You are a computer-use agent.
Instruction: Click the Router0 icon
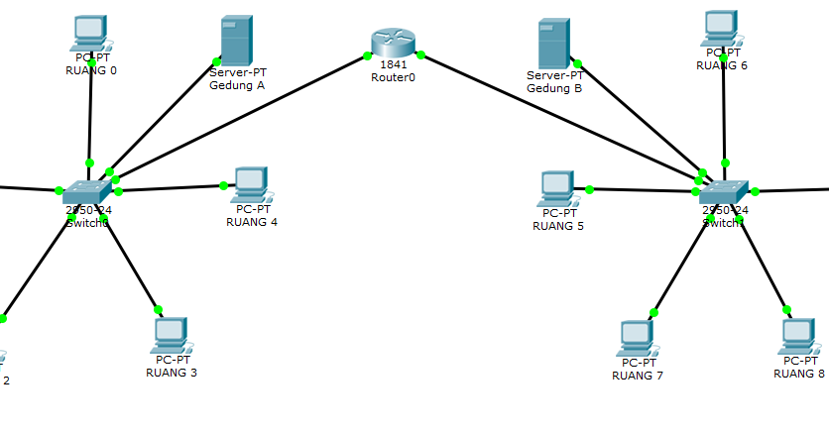(393, 43)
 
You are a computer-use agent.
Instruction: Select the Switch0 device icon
(88, 192)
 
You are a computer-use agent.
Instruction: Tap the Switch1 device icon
(724, 192)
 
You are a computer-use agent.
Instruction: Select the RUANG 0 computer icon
(90, 33)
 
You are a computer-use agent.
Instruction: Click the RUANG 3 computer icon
(171, 335)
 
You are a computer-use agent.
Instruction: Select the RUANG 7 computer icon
(636, 338)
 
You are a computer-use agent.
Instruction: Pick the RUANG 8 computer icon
(798, 336)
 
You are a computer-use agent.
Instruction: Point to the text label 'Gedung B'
(554, 88)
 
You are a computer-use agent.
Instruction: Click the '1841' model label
(393, 64)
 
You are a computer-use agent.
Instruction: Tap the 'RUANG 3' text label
(172, 373)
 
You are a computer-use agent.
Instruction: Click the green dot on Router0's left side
(367, 55)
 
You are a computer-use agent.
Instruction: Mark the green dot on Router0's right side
(420, 54)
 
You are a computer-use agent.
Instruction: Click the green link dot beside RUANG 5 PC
(589, 188)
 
